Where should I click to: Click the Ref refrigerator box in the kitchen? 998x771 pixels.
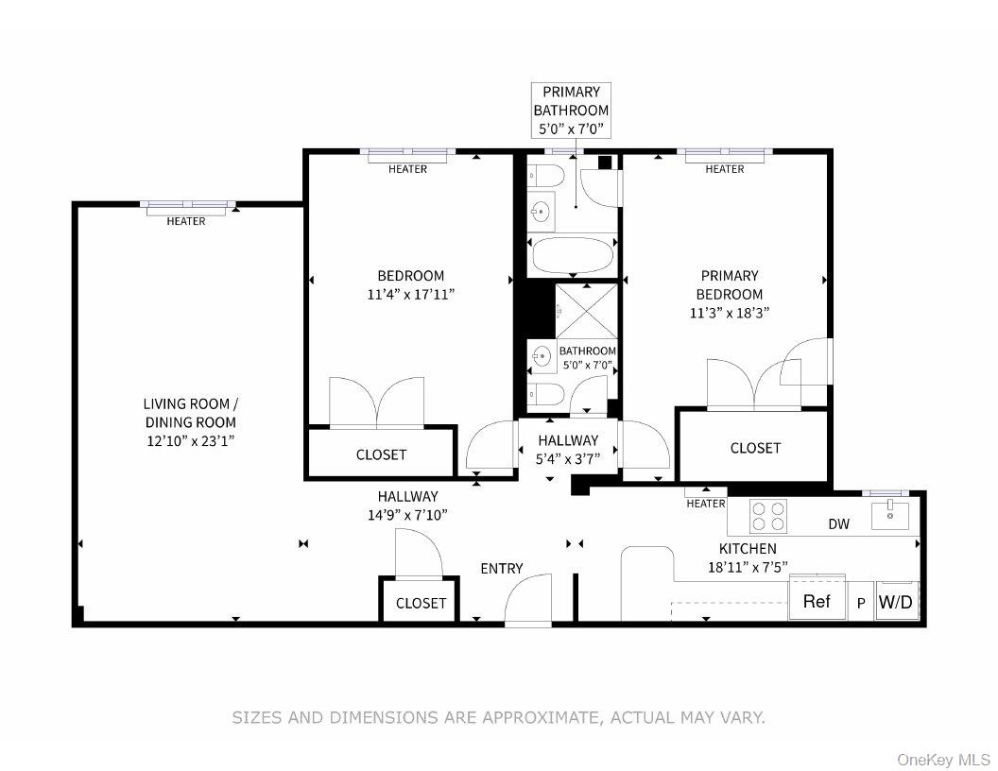tap(817, 601)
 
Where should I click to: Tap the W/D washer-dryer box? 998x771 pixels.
tap(897, 602)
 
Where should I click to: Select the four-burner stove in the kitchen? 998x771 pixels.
tap(767, 516)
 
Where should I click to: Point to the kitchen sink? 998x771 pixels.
tap(889, 516)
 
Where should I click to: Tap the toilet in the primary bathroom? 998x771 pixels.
tap(546, 175)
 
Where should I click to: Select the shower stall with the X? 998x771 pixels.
tap(586, 309)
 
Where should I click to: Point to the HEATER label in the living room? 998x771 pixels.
tap(186, 221)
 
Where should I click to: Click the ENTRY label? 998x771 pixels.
tap(501, 568)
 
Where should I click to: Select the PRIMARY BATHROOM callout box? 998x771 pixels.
tap(571, 111)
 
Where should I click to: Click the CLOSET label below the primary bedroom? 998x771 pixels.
tap(755, 448)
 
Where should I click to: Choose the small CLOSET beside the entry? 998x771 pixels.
tap(421, 603)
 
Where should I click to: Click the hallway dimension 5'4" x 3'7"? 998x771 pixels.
tap(568, 460)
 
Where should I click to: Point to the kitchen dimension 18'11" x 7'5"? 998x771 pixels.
tap(748, 567)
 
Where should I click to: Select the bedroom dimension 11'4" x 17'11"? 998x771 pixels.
tap(410, 294)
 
